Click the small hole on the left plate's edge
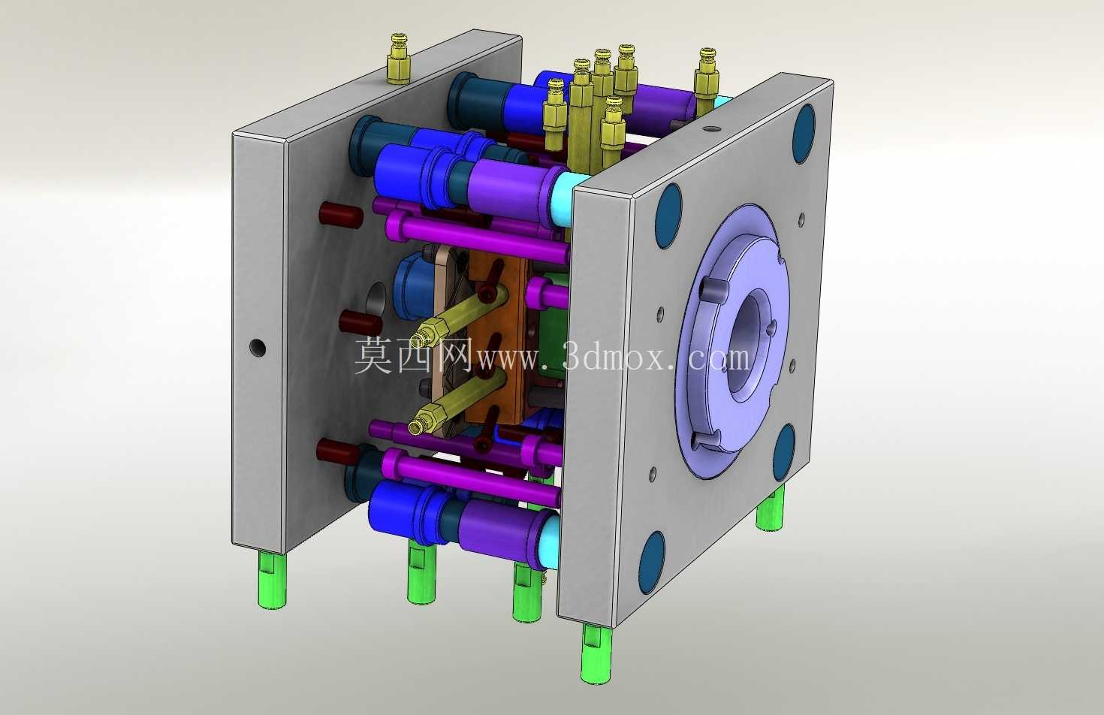click(x=258, y=348)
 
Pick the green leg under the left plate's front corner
click(x=272, y=581)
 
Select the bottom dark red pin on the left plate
click(x=337, y=452)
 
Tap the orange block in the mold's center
click(x=498, y=340)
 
